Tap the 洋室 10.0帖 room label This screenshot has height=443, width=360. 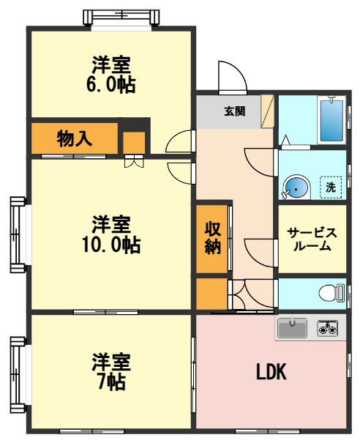111,234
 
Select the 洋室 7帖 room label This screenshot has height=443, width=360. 111,371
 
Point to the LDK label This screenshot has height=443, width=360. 271,371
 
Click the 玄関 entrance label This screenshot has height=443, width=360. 234,111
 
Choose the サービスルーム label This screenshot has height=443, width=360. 312,239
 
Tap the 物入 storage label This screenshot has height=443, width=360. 74,138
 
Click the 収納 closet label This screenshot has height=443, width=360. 212,239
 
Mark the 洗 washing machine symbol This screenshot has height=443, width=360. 331,187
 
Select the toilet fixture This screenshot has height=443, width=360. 331,293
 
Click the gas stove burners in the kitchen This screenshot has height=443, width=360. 328,327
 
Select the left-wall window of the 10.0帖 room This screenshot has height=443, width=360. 16,233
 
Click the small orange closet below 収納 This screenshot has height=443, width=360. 210,294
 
